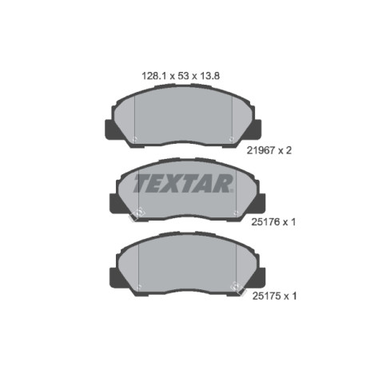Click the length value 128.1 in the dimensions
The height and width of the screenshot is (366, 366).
tap(154, 76)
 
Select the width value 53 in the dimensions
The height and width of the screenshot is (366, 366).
tap(183, 76)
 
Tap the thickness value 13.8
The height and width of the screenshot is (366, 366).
tap(209, 76)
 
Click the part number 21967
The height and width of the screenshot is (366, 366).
tap(261, 151)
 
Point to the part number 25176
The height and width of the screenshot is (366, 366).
tap(265, 222)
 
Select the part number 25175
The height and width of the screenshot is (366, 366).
tap(265, 296)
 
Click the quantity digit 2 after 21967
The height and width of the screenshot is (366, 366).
tap(288, 151)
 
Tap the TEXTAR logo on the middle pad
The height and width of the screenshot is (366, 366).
tap(184, 183)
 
